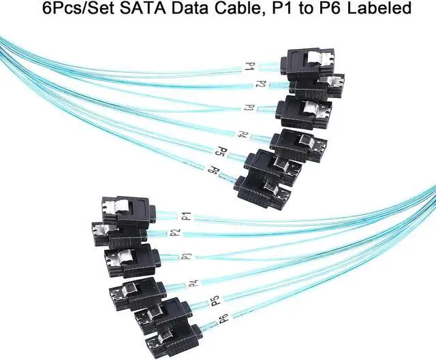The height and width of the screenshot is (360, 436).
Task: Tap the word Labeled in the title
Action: (378, 9)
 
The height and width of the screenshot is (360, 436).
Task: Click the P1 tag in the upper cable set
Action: (250, 67)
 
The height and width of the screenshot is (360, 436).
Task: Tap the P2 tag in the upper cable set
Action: (260, 84)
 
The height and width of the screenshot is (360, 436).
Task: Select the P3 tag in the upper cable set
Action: (249, 108)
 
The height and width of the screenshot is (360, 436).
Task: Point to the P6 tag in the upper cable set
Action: (213, 170)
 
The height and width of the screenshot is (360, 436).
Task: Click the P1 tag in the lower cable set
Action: (185, 216)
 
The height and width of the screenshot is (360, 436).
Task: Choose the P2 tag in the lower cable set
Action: (175, 232)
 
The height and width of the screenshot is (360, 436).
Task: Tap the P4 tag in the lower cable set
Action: (193, 282)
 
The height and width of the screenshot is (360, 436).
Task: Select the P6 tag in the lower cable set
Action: (222, 318)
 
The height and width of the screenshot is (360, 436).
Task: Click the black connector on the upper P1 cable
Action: (307, 62)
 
